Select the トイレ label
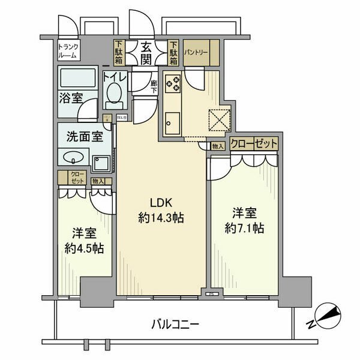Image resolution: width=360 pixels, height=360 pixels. point(114,77)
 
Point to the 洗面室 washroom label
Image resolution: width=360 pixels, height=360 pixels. point(83,136)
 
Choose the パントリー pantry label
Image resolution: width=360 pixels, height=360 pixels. point(196,53)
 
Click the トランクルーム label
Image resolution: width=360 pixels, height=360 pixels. point(68,50)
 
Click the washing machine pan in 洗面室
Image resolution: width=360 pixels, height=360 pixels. point(102,162)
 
